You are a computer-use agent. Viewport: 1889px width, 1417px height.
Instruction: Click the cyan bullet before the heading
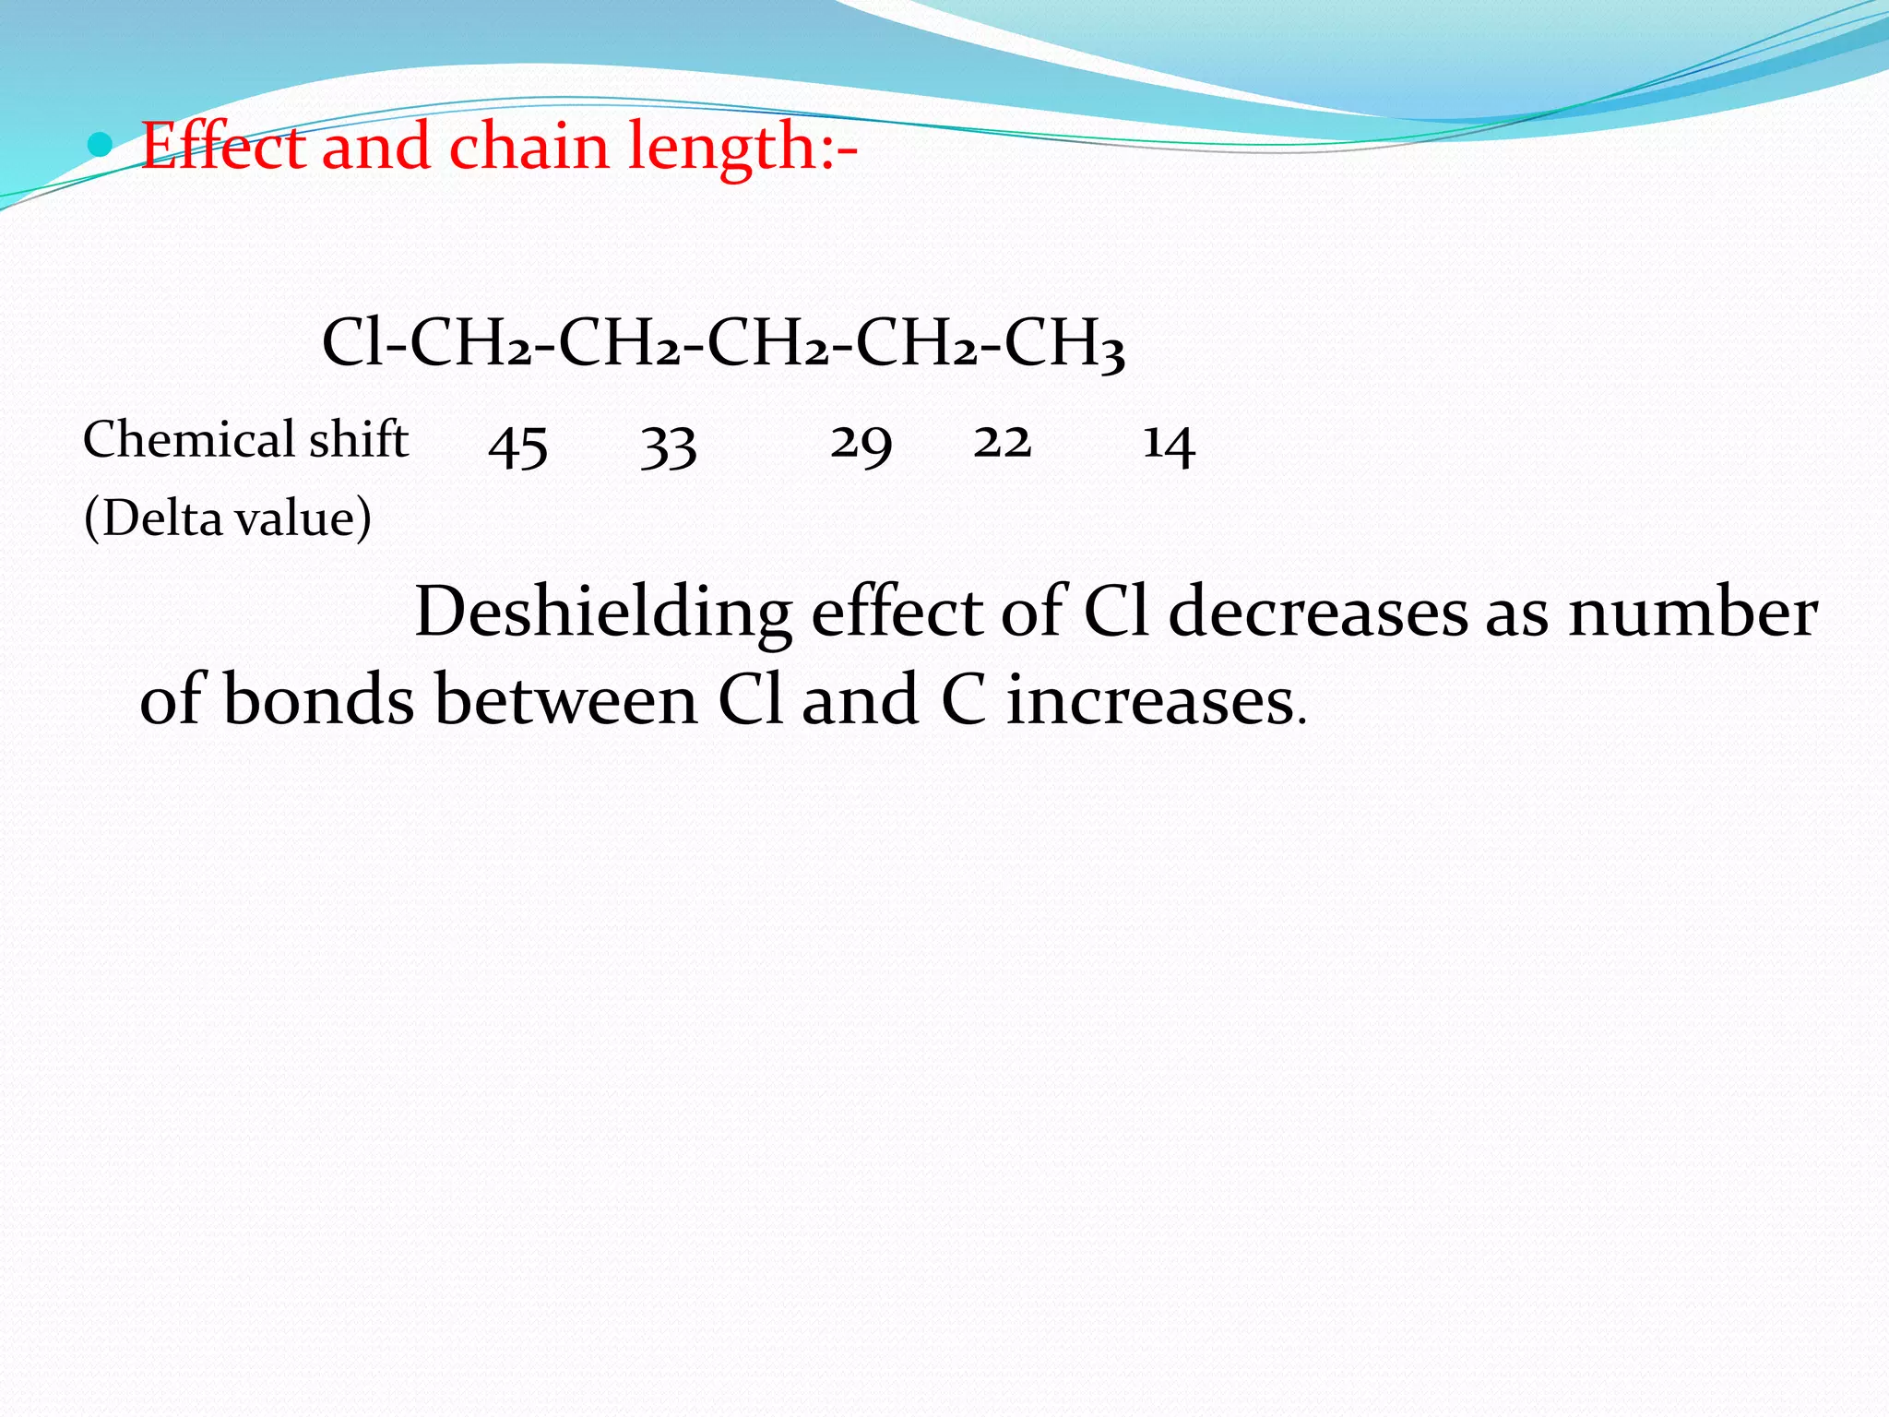click(99, 145)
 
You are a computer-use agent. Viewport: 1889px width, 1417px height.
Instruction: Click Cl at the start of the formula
click(352, 343)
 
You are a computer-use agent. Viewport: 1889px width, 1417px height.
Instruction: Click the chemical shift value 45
click(517, 447)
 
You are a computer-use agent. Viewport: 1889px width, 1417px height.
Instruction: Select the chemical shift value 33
click(669, 447)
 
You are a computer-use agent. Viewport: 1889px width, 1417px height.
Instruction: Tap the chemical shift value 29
click(861, 444)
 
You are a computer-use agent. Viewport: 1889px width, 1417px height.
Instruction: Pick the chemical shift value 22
click(1002, 442)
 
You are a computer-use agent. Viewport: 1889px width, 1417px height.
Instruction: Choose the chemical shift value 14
click(1169, 445)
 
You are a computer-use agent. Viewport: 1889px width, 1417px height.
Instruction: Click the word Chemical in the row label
click(190, 439)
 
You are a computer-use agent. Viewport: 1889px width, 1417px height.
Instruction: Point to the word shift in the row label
click(359, 439)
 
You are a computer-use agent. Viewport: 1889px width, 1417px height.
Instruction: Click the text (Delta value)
click(228, 518)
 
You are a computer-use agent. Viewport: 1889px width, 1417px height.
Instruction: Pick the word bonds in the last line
click(318, 700)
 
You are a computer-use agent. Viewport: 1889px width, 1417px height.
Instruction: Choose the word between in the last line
click(565, 700)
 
